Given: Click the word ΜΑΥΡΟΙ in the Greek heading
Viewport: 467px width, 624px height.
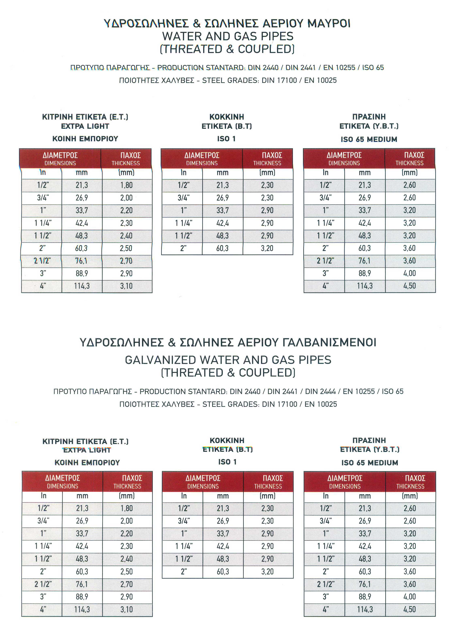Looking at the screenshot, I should coord(329,23).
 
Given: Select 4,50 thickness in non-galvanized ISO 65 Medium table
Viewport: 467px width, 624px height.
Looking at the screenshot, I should coord(410,286).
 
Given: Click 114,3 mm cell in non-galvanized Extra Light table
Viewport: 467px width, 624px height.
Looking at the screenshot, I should coord(82,286).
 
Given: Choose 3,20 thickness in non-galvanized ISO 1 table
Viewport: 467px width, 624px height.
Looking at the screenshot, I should coord(267,248).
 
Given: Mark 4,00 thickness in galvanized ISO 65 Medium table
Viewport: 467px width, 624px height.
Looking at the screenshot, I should coord(410,597).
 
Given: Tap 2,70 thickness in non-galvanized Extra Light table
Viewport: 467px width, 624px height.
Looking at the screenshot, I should coord(126,261).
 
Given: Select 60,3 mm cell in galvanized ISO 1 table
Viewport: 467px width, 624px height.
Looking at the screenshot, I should coord(223,572).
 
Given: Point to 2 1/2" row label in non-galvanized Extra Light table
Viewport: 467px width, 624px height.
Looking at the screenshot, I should coord(42,261).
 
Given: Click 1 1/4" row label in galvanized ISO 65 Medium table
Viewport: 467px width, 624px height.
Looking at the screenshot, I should coord(326,546).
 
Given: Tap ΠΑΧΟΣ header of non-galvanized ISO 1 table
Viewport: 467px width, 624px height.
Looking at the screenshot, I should coord(272,155).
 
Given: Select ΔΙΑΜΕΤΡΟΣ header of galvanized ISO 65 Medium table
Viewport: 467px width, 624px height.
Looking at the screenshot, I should coord(345,478).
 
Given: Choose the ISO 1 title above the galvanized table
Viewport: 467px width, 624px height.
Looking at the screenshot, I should coord(227,462).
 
